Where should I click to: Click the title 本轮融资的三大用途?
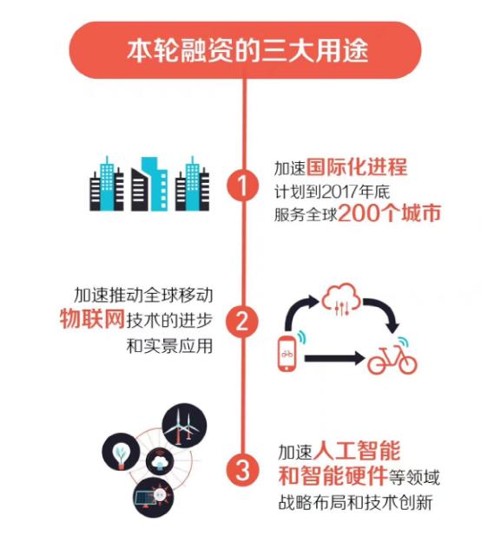[x=247, y=51]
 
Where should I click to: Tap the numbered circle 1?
[x=242, y=186]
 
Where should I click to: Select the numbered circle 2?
[x=242, y=321]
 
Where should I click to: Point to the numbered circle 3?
[x=242, y=471]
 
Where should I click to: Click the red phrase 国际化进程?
[x=357, y=166]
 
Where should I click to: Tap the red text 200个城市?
[x=389, y=213]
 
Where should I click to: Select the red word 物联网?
[x=92, y=318]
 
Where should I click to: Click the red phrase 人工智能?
[x=356, y=450]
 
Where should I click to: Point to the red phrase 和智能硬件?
[x=333, y=476]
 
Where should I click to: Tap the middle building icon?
[x=149, y=184]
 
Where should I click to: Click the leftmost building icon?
[x=107, y=183]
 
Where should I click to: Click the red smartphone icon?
[x=287, y=354]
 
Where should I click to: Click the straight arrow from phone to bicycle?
[x=334, y=358]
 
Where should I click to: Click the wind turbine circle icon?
[x=184, y=425]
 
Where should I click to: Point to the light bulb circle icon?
[x=121, y=452]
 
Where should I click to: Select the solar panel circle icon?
[x=153, y=498]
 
